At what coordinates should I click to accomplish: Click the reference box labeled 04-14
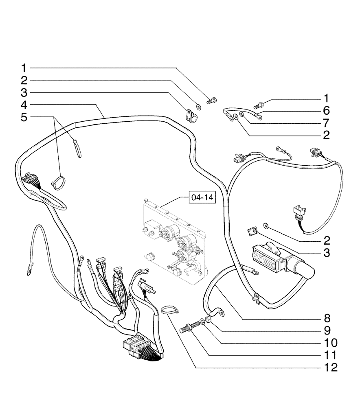point(202,198)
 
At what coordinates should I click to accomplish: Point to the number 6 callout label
point(326,110)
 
